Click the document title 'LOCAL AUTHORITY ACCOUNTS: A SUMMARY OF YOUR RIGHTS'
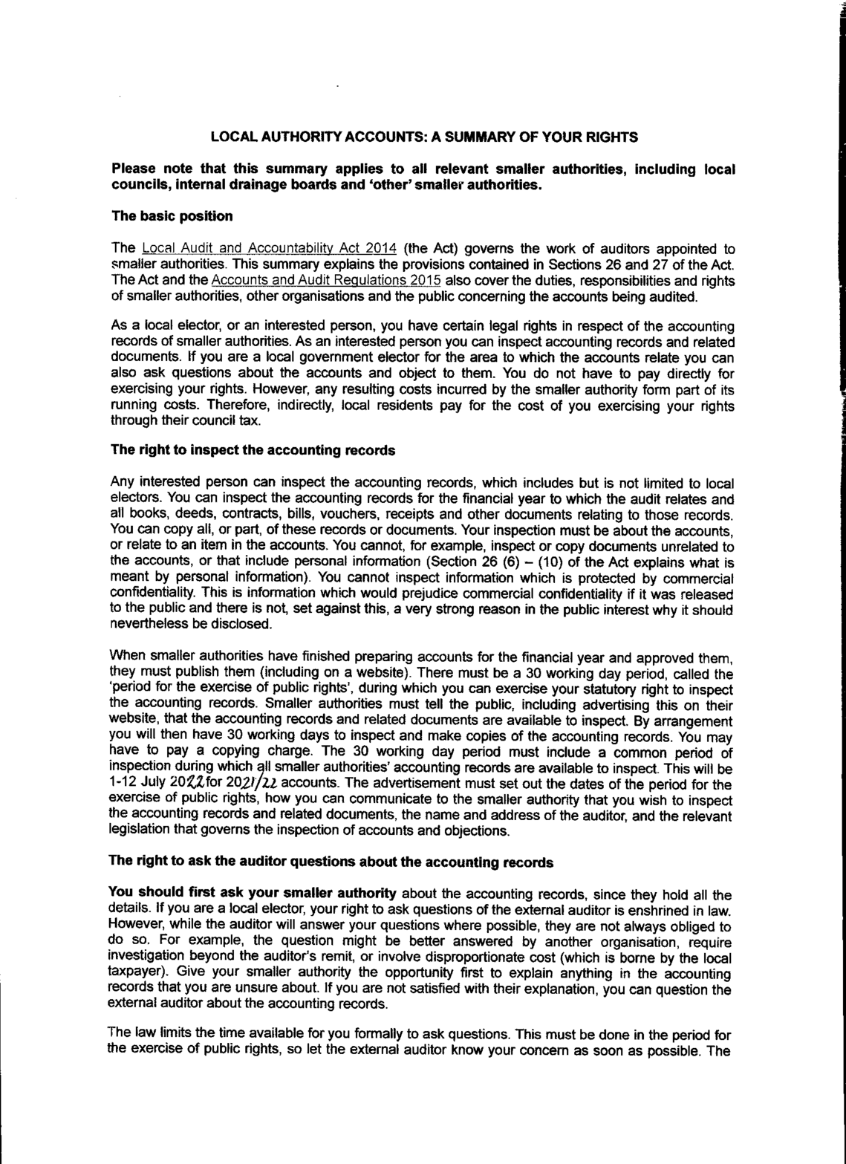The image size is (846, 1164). pyautogui.click(x=424, y=137)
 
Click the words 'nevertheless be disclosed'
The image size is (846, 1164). pyautogui.click(x=189, y=624)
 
